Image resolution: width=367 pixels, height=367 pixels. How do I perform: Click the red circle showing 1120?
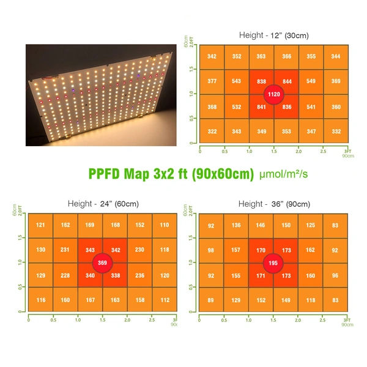(274, 94)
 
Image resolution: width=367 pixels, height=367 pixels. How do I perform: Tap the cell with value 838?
(261, 81)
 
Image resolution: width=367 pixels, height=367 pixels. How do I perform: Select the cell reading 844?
(287, 81)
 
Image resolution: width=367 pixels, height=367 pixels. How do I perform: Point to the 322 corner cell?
(212, 132)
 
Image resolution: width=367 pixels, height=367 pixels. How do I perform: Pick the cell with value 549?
(311, 81)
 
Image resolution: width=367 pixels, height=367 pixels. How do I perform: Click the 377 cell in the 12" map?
(212, 81)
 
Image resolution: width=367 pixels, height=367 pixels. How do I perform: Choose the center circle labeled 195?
(273, 263)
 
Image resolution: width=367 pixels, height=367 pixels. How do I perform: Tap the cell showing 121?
(40, 225)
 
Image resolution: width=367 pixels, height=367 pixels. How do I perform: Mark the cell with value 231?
(65, 250)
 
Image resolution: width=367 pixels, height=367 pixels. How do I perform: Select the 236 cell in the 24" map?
(139, 275)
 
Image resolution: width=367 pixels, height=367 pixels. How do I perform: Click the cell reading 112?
(164, 300)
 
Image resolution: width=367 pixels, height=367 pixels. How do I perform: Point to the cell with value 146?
(261, 225)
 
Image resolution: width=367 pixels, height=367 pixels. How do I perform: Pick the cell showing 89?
(211, 300)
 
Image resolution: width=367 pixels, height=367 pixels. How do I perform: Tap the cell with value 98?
(211, 250)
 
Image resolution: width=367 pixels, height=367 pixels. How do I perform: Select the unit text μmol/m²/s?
(284, 174)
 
